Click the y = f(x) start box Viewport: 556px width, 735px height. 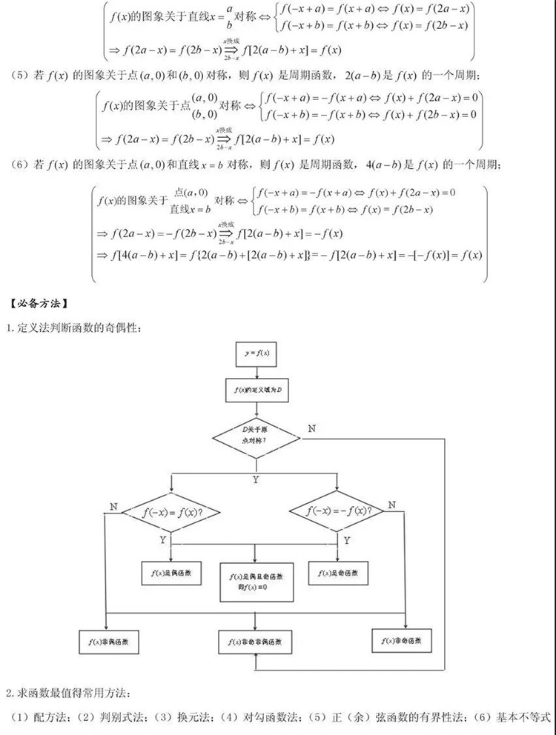pyautogui.click(x=256, y=354)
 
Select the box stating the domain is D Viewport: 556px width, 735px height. pyautogui.click(x=256, y=390)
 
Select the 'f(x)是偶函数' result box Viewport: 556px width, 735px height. pyautogui.click(x=171, y=573)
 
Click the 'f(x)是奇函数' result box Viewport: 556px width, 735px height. pyautogui.click(x=337, y=573)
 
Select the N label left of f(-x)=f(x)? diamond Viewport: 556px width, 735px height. pyautogui.click(x=113, y=506)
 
